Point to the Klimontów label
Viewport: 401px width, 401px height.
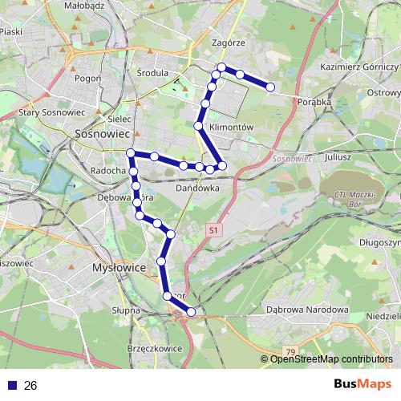(230, 128)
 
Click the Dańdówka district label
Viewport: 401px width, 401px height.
(197, 188)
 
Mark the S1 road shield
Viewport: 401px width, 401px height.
(213, 230)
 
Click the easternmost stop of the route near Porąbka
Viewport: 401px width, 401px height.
(271, 87)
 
